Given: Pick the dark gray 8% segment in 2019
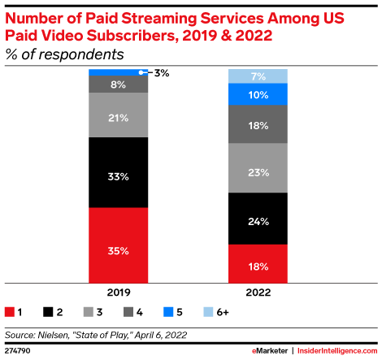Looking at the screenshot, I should coord(118,84).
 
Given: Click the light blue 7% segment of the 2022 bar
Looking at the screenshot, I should coord(257,76).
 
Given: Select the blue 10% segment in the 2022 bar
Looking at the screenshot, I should coord(257,94).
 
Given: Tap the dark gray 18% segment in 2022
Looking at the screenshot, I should coord(257,124).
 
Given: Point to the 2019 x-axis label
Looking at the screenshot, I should coord(118,292).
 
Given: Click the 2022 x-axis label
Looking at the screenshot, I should coord(257,292).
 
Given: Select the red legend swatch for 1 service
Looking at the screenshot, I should coord(10,311).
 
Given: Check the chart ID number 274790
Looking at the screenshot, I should coord(19,350).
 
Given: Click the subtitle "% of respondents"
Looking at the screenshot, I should coord(65,54).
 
